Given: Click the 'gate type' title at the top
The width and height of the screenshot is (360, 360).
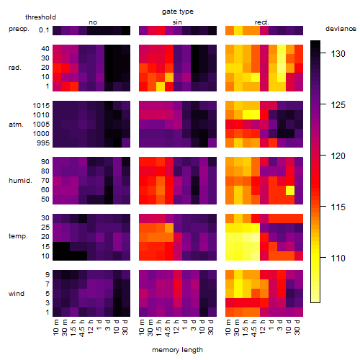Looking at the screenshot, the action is pyautogui.click(x=178, y=12).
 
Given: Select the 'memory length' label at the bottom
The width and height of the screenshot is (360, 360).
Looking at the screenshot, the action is pyautogui.click(x=177, y=350).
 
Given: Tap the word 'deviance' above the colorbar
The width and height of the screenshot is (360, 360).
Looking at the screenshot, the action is pyautogui.click(x=341, y=29).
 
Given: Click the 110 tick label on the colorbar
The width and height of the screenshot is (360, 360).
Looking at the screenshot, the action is pyautogui.click(x=338, y=258).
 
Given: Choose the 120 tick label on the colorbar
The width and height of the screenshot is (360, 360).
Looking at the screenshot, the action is pyautogui.click(x=338, y=156).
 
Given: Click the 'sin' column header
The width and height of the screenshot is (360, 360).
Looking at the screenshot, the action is pyautogui.click(x=177, y=22).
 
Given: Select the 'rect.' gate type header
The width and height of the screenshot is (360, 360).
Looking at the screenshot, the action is pyautogui.click(x=262, y=22).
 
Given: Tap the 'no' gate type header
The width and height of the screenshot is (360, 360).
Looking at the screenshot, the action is pyautogui.click(x=93, y=22).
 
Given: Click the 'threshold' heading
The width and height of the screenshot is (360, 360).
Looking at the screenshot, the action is pyautogui.click(x=40, y=17).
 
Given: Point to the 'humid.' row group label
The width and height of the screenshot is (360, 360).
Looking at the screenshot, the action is pyautogui.click(x=20, y=181).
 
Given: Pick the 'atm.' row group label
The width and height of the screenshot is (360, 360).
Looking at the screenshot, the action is pyautogui.click(x=16, y=125).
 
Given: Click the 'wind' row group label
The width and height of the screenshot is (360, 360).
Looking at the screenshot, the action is pyautogui.click(x=17, y=294).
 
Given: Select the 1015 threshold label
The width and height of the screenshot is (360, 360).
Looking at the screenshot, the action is pyautogui.click(x=41, y=106).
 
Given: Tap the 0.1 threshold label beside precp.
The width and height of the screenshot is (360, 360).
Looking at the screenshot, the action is pyautogui.click(x=44, y=30).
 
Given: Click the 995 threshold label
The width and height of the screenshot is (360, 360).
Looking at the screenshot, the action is pyautogui.click(x=43, y=143).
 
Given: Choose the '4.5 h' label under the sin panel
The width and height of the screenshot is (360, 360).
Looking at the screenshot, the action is pyautogui.click(x=168, y=328).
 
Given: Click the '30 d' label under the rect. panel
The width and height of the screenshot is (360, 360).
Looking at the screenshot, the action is pyautogui.click(x=297, y=327).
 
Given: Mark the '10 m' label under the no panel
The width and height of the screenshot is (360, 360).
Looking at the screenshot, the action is pyautogui.click(x=55, y=328).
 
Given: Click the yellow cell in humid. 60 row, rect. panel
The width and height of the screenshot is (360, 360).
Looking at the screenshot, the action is pyautogui.click(x=290, y=190).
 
